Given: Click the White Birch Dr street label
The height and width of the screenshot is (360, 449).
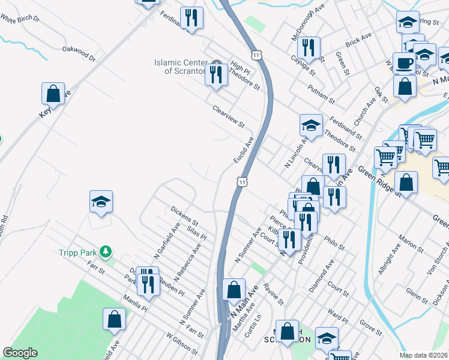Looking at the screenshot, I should [x=20, y=19].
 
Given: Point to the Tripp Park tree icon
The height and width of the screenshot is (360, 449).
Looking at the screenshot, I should [x=106, y=251].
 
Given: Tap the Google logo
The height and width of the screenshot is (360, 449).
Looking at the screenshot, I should [x=19, y=353].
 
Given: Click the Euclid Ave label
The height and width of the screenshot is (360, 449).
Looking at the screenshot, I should [x=244, y=149].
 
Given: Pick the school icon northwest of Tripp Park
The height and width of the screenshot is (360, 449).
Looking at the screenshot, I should [x=101, y=202].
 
